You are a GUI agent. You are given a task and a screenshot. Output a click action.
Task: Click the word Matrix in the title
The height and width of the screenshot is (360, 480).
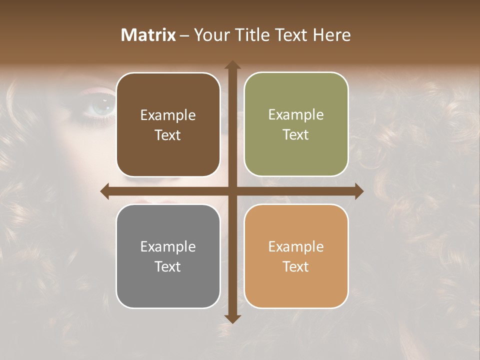pyautogui.click(x=148, y=35)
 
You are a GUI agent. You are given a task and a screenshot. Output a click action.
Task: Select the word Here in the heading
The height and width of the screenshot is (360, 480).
pyautogui.click(x=332, y=35)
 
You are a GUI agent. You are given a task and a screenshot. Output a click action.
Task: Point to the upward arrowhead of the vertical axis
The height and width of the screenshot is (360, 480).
pyautogui.click(x=232, y=64)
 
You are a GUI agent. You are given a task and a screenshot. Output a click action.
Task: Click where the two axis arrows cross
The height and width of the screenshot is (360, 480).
pyautogui.click(x=232, y=191)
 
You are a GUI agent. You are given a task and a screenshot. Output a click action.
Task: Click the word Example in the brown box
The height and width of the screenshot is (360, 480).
pyautogui.click(x=168, y=115)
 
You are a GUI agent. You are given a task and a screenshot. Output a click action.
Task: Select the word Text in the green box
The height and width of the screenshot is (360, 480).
pyautogui.click(x=296, y=135)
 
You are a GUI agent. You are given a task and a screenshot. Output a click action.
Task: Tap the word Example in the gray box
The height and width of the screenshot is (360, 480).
pyautogui.click(x=168, y=247)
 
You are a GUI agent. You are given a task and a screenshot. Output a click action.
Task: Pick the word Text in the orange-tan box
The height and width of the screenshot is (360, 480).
pyautogui.click(x=296, y=266)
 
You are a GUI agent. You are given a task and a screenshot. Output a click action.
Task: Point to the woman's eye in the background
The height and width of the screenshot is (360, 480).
pyautogui.click(x=102, y=106)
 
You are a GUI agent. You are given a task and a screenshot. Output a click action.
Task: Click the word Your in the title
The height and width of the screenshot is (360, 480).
pyautogui.click(x=212, y=35)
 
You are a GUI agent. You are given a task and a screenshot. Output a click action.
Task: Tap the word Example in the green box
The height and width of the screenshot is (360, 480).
pyautogui.click(x=296, y=115)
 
